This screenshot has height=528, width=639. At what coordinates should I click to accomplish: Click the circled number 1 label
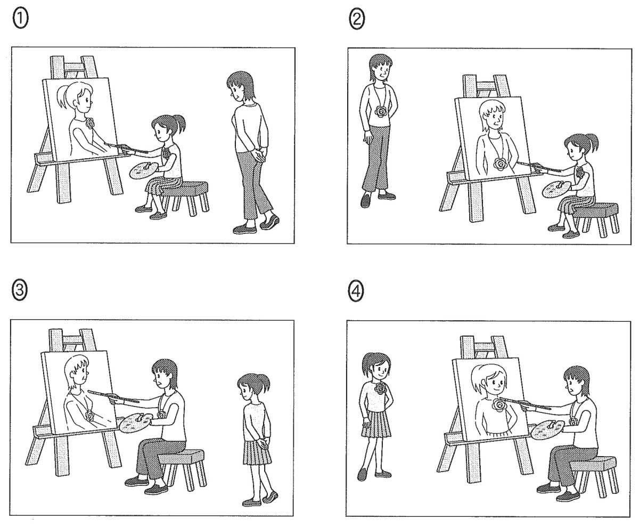click(x=21, y=18)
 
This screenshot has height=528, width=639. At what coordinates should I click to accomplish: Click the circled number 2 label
click(x=357, y=19)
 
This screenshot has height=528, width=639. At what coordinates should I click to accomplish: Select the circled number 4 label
click(x=356, y=291)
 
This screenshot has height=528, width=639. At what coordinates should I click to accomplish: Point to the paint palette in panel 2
click(x=556, y=189)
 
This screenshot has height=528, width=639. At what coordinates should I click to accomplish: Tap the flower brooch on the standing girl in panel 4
click(x=380, y=388)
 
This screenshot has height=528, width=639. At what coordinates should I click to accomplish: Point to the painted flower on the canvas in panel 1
click(x=90, y=123)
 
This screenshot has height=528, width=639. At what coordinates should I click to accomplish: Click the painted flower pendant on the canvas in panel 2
click(x=499, y=164)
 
